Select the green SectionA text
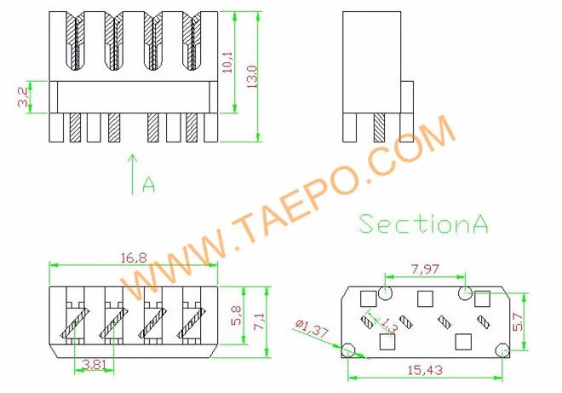point(423,223)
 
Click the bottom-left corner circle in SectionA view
point(347,350)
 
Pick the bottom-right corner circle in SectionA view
point(503,350)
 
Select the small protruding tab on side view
point(406,96)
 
